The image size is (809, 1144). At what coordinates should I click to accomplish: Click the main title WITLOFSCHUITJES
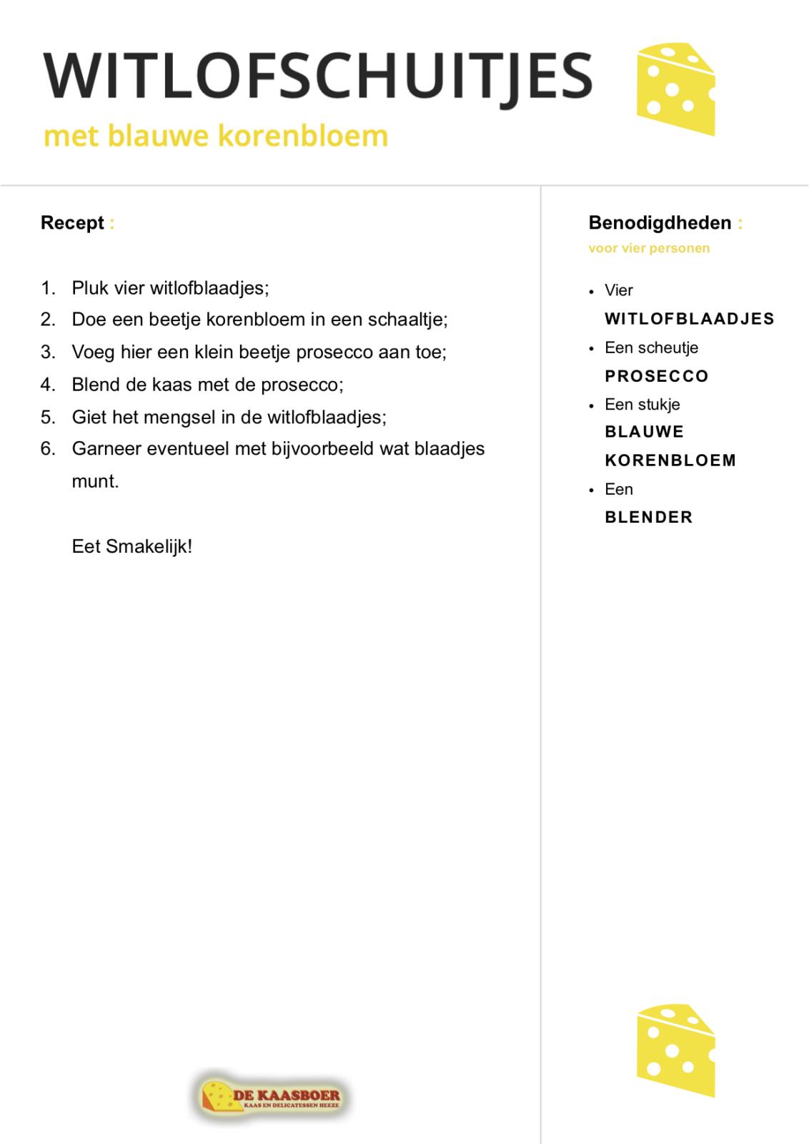coord(318,77)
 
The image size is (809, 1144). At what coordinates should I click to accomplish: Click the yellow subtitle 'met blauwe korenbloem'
coord(216,135)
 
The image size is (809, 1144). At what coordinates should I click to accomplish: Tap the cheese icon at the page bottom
coord(675,1050)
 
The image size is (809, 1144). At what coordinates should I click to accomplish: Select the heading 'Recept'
coord(72,223)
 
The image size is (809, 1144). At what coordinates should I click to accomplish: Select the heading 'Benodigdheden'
coord(660,223)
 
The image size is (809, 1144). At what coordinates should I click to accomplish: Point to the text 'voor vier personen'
coord(649,249)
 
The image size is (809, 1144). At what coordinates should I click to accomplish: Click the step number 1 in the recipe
coord(48,288)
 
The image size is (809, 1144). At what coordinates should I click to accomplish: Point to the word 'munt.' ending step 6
coord(95,481)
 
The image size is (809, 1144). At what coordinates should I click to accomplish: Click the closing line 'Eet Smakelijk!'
coord(132,547)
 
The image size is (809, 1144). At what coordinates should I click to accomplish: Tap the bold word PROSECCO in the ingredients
coord(657,376)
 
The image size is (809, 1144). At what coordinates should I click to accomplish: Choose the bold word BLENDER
coord(649,517)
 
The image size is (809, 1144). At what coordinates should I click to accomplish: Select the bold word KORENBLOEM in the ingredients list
coord(670,460)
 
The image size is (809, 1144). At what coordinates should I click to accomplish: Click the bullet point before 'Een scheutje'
coord(591,349)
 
